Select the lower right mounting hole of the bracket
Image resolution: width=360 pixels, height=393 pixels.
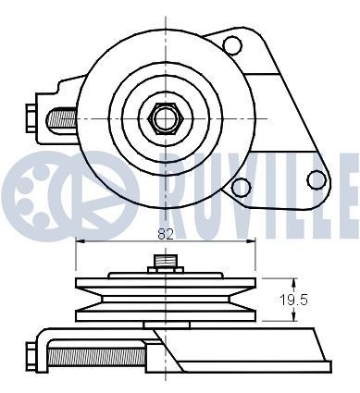(x=241, y=189)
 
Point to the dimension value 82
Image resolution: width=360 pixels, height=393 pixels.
(x=165, y=235)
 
